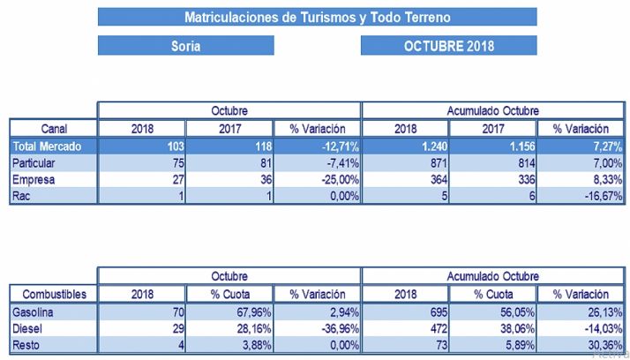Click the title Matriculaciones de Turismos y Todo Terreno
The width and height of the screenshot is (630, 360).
tap(317, 17)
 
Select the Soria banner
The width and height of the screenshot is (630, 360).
tap(185, 46)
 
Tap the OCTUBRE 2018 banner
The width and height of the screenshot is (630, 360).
tap(448, 46)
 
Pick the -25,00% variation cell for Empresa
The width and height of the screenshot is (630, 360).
tap(318, 180)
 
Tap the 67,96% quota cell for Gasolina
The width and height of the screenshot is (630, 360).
tap(229, 312)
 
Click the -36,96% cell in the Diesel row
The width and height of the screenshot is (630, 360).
tap(318, 328)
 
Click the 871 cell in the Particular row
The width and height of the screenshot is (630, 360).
tap(405, 163)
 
